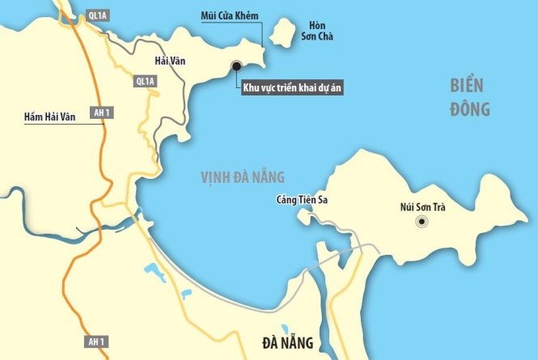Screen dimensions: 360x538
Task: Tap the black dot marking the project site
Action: click(237, 66)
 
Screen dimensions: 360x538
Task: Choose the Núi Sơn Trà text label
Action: click(423, 206)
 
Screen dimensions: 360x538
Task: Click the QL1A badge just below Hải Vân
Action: click(145, 81)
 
